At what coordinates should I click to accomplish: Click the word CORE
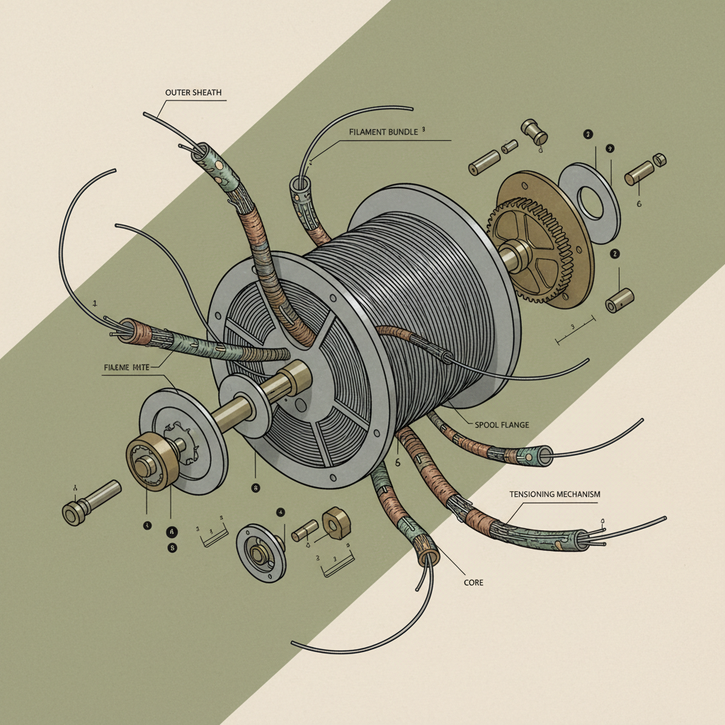474,582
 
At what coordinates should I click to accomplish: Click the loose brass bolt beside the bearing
90,501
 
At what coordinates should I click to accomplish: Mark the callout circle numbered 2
615,253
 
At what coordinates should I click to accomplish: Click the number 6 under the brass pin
639,203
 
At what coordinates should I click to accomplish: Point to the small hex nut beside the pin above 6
658,160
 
